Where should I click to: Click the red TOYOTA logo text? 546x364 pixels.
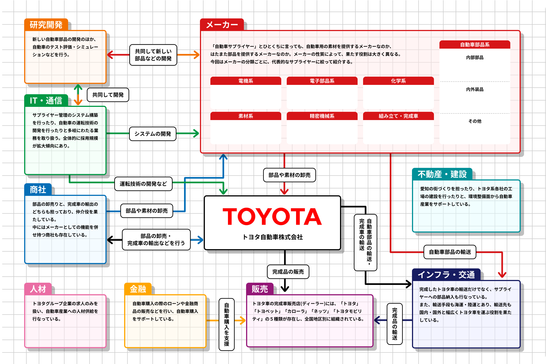coord(272,216)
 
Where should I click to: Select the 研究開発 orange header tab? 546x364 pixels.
coord(46,25)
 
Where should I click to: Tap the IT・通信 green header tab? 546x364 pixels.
coord(46,101)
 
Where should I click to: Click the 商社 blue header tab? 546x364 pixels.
coord(38,190)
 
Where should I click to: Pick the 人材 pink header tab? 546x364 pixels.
coord(38,289)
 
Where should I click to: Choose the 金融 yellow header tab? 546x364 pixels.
coord(138,289)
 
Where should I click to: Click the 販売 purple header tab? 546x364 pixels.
coord(260,289)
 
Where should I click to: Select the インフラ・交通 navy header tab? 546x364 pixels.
coord(446,275)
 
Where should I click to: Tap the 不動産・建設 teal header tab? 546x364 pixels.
coord(442,174)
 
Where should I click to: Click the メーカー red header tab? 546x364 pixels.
coord(222,25)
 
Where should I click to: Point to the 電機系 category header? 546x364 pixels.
coord(246,81)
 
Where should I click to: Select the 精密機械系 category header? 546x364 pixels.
coord(322,116)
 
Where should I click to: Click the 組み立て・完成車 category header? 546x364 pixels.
coord(398,116)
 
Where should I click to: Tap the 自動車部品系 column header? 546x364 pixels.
coord(475,45)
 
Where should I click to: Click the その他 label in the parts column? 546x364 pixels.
coord(475,121)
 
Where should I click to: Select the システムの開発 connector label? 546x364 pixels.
coord(153,134)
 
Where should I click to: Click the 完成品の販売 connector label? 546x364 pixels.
coord(288,272)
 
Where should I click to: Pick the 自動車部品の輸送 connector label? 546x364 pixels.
coord(450,252)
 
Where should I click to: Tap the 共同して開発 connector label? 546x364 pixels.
coord(108,95)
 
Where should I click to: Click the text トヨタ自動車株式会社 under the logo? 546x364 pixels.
coord(272,237)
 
